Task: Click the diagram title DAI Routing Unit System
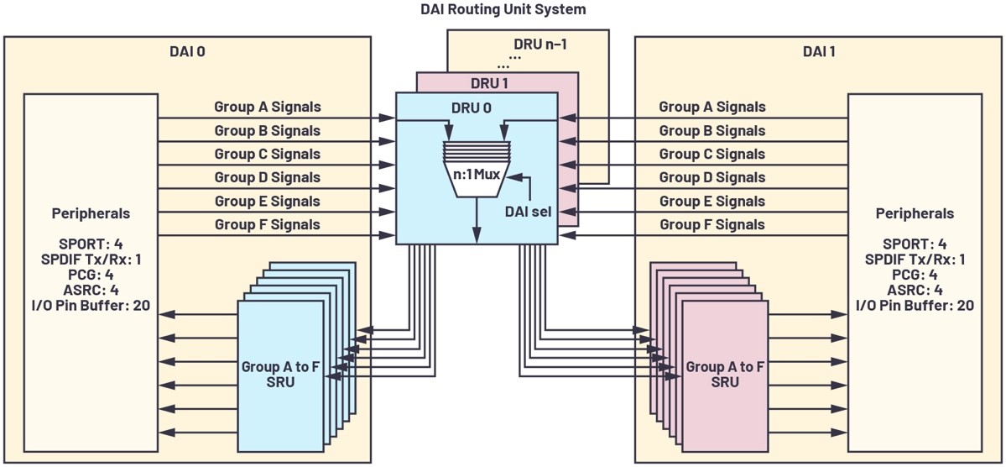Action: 502,10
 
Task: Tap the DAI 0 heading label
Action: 187,51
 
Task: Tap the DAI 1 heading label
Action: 819,51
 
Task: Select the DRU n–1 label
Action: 539,45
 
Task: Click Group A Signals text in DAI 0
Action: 268,107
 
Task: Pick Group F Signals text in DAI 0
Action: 268,224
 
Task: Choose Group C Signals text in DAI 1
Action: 712,154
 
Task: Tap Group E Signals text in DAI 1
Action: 712,201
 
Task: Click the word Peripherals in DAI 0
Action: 91,213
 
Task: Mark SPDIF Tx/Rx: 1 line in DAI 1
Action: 915,259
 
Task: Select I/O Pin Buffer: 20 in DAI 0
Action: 91,305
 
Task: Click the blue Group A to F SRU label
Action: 280,374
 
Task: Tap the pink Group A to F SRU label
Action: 724,374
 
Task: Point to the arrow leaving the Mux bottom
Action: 477,220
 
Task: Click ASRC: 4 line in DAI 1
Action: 915,290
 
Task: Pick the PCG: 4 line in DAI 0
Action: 91,275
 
